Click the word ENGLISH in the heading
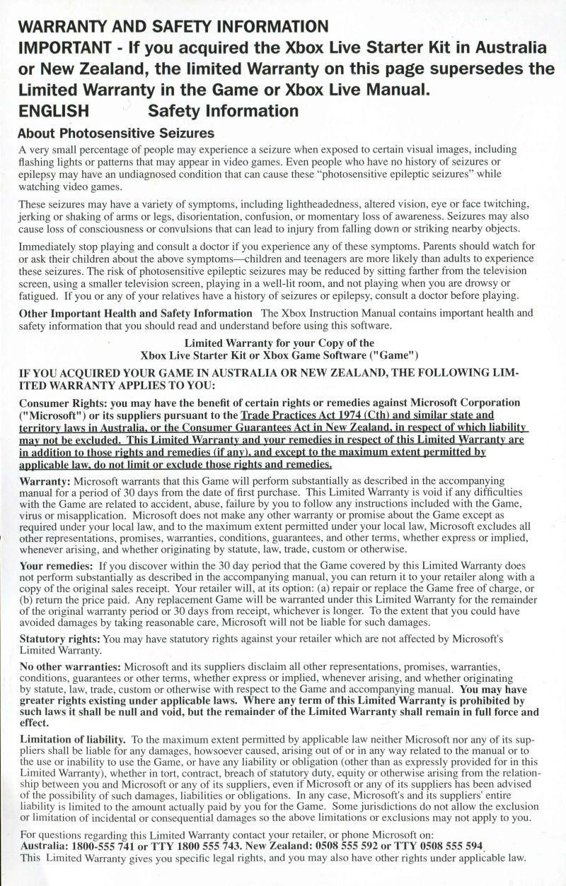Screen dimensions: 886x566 coord(54,111)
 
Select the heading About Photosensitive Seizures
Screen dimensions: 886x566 coord(116,133)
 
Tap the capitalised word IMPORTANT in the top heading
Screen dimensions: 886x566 coord(63,49)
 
